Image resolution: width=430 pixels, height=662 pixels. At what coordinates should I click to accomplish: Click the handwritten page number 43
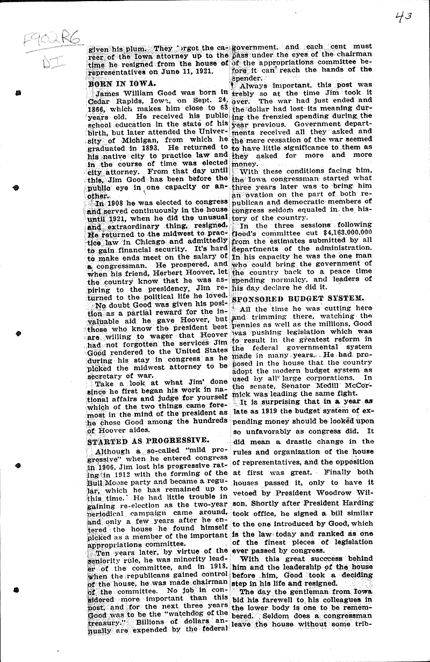402,17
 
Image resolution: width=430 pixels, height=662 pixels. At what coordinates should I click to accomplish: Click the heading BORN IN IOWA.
121,83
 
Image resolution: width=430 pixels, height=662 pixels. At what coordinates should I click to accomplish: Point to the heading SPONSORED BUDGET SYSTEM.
299,298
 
